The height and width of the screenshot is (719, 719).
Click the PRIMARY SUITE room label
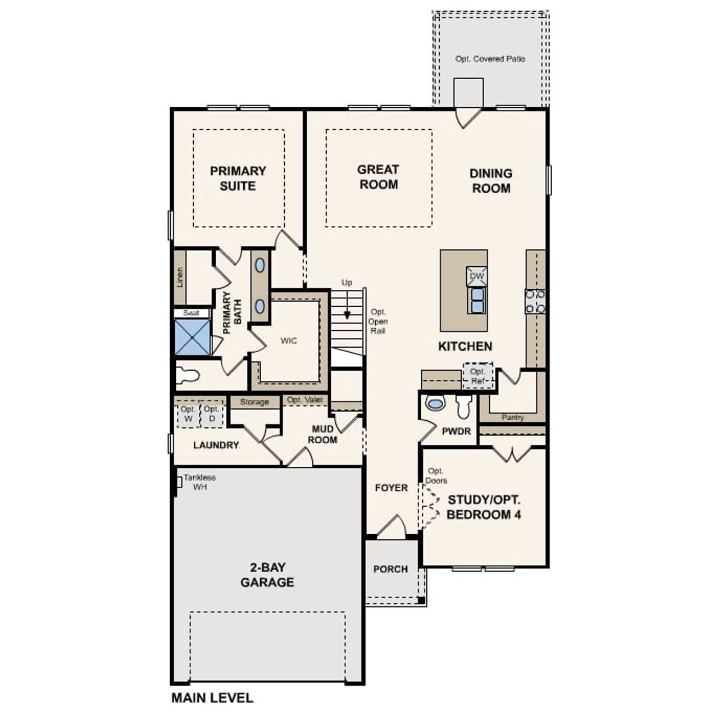[x=238, y=178]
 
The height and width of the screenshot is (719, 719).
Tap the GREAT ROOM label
[x=378, y=177]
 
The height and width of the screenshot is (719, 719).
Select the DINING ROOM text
[x=491, y=181]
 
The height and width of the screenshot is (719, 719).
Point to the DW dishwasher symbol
[x=476, y=276]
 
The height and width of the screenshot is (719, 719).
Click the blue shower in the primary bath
[x=192, y=337]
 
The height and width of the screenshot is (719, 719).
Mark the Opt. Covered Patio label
[x=490, y=59]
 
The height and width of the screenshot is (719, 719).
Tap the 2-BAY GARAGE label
[x=267, y=575]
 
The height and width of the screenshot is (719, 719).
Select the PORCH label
[x=390, y=569]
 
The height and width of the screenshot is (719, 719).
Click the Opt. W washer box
[x=188, y=415]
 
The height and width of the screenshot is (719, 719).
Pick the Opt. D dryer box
[x=212, y=415]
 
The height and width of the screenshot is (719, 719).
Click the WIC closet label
[x=289, y=341]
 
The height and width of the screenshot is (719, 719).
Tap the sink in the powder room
[x=435, y=403]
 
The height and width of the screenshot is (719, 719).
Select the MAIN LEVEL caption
[x=212, y=698]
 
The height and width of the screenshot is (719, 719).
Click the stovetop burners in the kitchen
[x=535, y=301]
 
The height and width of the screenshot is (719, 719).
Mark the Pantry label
[x=512, y=417]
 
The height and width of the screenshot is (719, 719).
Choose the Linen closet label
[x=180, y=277]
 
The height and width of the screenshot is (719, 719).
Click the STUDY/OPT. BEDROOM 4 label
[x=484, y=507]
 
